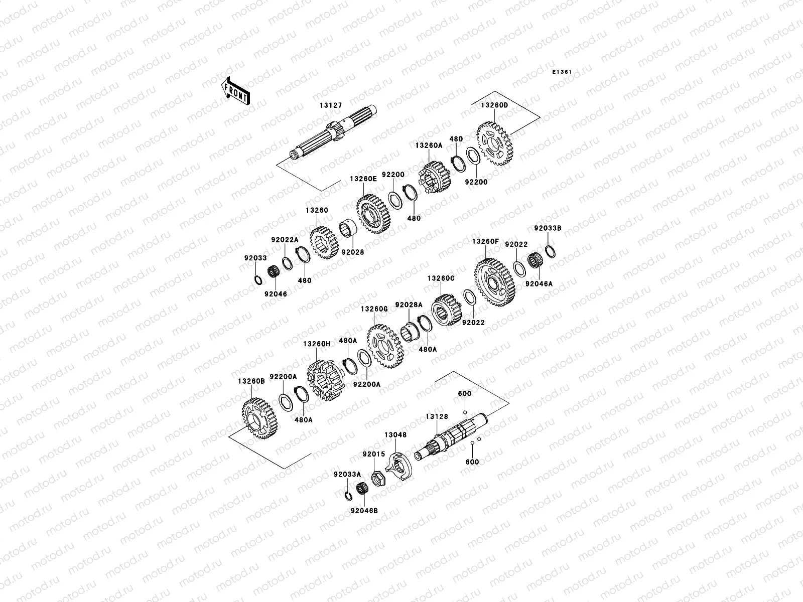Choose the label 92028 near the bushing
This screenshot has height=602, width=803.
353,252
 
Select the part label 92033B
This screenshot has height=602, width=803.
548,228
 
